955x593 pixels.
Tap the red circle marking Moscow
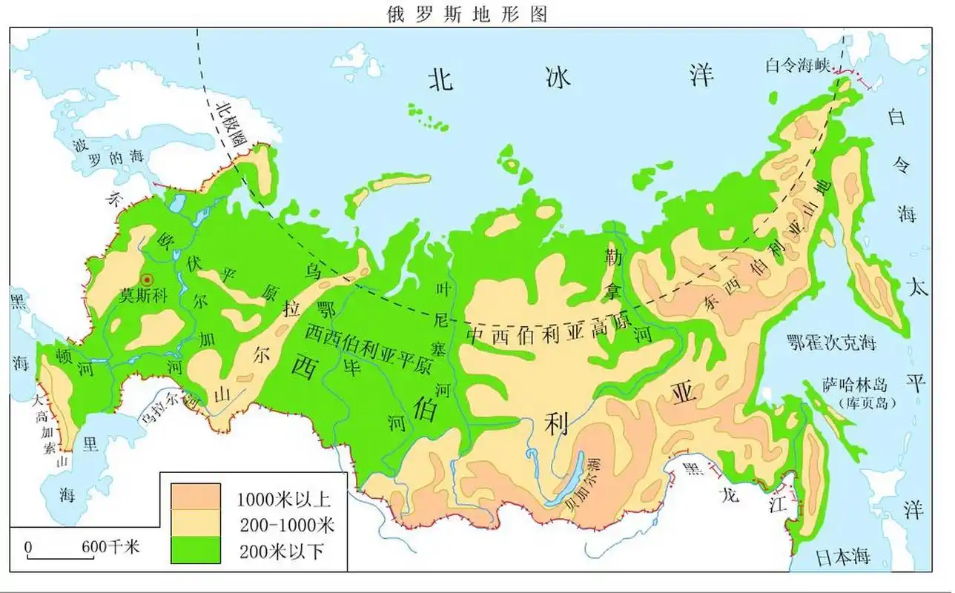(147, 279)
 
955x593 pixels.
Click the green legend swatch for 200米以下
(196, 549)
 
